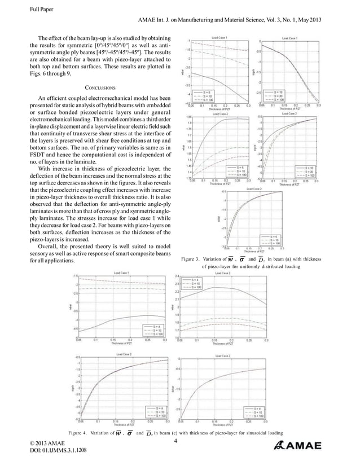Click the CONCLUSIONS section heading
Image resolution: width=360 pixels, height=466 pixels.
pyautogui.click(x=100, y=88)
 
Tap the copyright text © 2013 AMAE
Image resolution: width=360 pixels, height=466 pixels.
pyautogui.click(x=50, y=444)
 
